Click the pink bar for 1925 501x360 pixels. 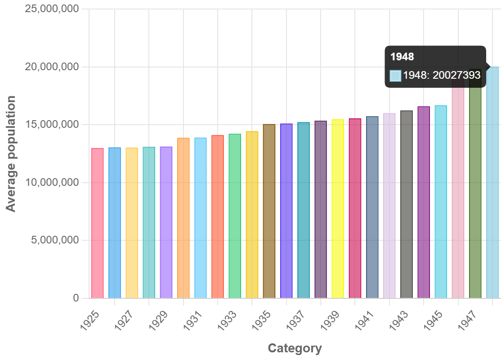pyautogui.click(x=98, y=223)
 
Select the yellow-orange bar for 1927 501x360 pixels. pyautogui.click(x=132, y=223)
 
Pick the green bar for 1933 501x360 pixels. pyautogui.click(x=235, y=216)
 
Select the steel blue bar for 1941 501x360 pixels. pyautogui.click(x=372, y=207)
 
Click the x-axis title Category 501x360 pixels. pyautogui.click(x=295, y=348)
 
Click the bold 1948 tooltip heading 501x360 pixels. pyautogui.click(x=402, y=57)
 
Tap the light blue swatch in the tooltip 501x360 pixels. pyautogui.click(x=395, y=76)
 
